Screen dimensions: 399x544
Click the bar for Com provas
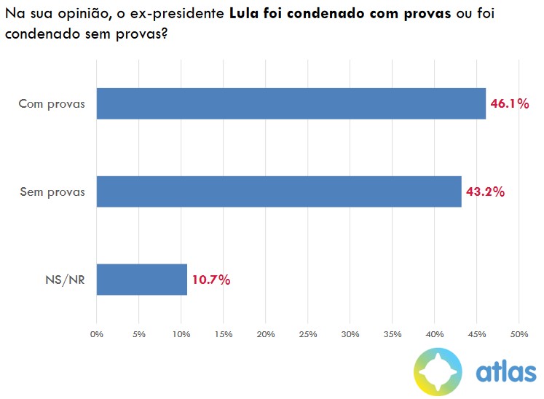click(291, 103)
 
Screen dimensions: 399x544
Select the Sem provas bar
click(279, 191)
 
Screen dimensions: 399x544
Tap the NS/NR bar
click(142, 280)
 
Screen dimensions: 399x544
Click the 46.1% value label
click(509, 103)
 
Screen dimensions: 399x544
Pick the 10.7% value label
click(211, 280)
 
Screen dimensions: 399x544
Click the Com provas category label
click(52, 103)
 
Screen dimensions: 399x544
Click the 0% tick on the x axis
click(97, 333)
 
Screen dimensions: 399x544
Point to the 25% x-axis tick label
click(307, 333)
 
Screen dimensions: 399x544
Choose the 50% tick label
click(519, 333)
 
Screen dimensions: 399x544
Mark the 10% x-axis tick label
click(181, 333)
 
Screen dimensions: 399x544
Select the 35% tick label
click(392, 333)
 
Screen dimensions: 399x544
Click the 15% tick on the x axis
click(223, 333)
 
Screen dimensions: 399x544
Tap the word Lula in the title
click(254, 14)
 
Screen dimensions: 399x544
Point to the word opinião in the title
click(82, 15)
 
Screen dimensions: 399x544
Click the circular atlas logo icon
click(438, 371)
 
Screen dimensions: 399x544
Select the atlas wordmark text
click(505, 371)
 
